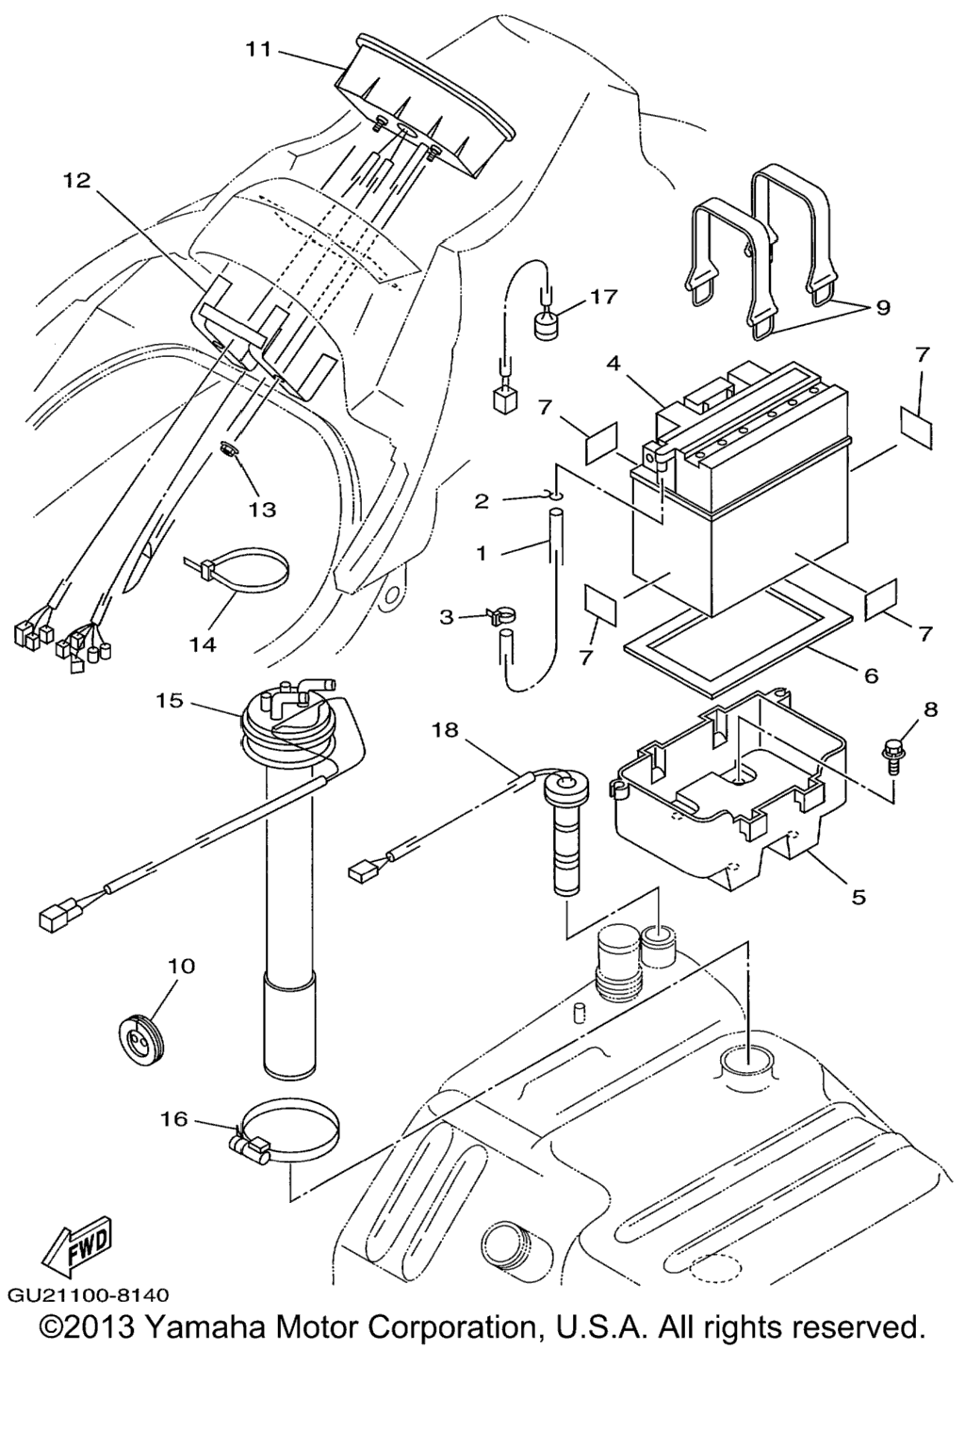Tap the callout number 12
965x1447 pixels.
[x=77, y=180]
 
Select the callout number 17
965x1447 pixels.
[x=603, y=297]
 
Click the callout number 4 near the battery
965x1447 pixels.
[x=613, y=364]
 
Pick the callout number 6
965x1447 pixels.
[x=871, y=675]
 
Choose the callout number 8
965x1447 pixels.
[x=929, y=710]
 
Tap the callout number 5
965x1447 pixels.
[x=858, y=897]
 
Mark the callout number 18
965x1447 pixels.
[x=446, y=731]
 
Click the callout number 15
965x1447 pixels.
[x=170, y=700]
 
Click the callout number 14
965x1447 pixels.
[x=203, y=644]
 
